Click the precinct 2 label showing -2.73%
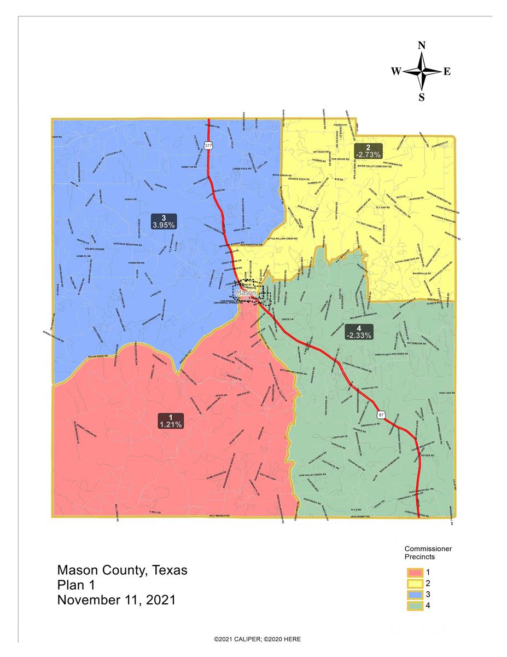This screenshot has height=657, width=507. pyautogui.click(x=368, y=151)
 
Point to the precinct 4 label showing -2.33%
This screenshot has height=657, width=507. pyautogui.click(x=358, y=331)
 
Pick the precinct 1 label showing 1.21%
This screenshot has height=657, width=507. pyautogui.click(x=171, y=420)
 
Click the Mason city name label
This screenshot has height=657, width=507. pyautogui.click(x=247, y=293)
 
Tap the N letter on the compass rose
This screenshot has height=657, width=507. pyautogui.click(x=422, y=46)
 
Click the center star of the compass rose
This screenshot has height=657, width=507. pyautogui.click(x=422, y=72)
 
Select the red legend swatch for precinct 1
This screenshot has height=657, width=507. pyautogui.click(x=414, y=572)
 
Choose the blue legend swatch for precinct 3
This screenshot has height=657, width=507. pyautogui.click(x=414, y=594)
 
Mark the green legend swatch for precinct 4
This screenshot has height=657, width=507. pyautogui.click(x=414, y=606)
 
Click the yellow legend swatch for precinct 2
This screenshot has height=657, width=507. pyautogui.click(x=414, y=583)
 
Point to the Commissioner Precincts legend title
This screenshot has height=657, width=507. pyautogui.click(x=428, y=552)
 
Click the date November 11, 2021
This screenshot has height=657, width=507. pyautogui.click(x=116, y=600)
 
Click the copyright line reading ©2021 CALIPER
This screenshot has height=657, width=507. pyautogui.click(x=257, y=639)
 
